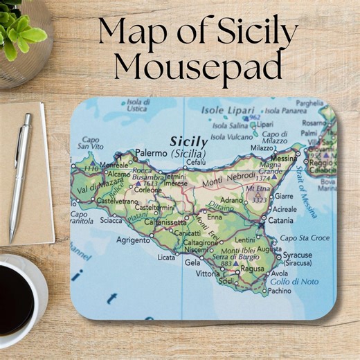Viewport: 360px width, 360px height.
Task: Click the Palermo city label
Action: [x=151, y=152]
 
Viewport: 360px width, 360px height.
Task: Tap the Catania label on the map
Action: [x=280, y=221]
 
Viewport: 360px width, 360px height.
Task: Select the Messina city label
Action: [x=283, y=159]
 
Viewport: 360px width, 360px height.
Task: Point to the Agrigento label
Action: [x=131, y=240]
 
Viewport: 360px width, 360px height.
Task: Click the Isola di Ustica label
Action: [x=138, y=105]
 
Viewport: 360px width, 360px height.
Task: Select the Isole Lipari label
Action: [x=222, y=109]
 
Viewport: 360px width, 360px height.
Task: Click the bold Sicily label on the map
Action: [x=188, y=141]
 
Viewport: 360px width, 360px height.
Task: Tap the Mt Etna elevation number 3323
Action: [x=260, y=200]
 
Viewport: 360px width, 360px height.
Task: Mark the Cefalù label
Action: [x=197, y=162]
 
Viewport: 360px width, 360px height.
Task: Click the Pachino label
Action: [x=279, y=291]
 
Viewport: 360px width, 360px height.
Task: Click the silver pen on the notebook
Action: [x=19, y=176]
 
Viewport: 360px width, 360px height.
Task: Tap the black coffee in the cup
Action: [x=15, y=298]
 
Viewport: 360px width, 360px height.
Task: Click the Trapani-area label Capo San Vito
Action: [x=91, y=143]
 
